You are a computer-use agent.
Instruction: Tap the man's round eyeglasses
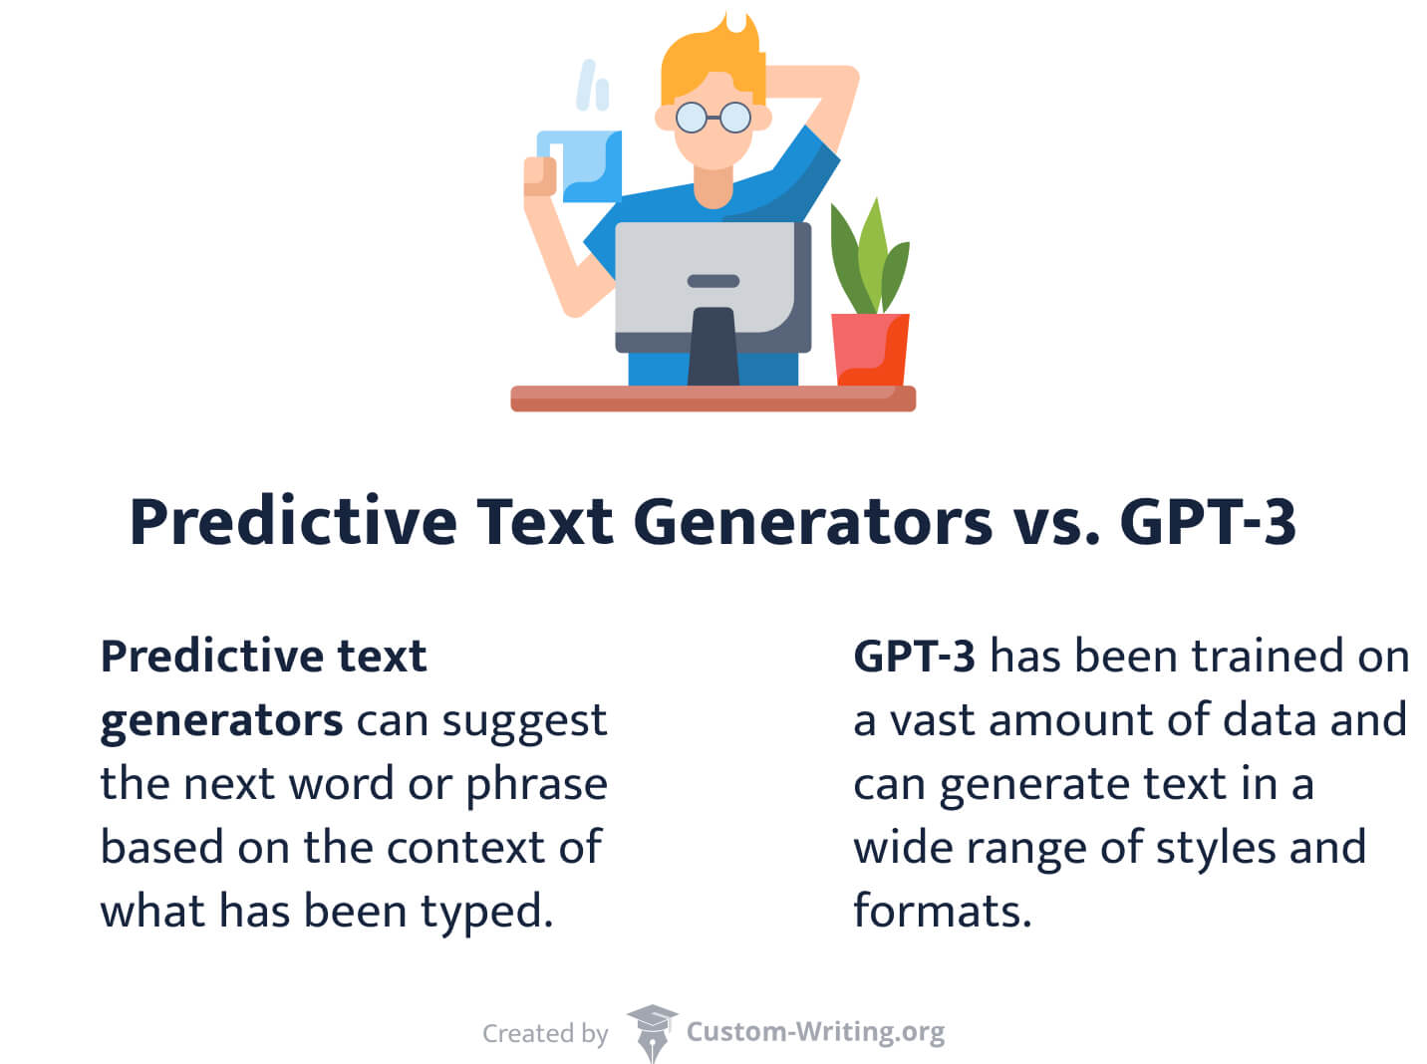pyautogui.click(x=713, y=118)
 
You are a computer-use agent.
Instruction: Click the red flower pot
pyautogui.click(x=870, y=350)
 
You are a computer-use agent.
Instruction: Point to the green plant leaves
pyautogui.click(x=869, y=257)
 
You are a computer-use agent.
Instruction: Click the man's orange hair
pyautogui.click(x=713, y=62)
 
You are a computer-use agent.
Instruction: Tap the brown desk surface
pyautogui.click(x=713, y=399)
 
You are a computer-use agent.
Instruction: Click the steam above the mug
pyautogui.click(x=592, y=85)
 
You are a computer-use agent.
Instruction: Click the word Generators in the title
pyautogui.click(x=812, y=521)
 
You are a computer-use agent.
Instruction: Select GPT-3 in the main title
pyautogui.click(x=1207, y=521)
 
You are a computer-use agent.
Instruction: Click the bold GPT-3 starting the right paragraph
pyautogui.click(x=914, y=656)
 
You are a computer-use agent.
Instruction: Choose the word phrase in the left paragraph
pyautogui.click(x=536, y=786)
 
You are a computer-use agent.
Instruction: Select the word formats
pyautogui.click(x=942, y=910)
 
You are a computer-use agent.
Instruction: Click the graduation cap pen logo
pyautogui.click(x=652, y=1032)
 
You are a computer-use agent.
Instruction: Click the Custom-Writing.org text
pyautogui.click(x=815, y=1032)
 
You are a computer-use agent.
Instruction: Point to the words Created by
pyautogui.click(x=545, y=1033)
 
